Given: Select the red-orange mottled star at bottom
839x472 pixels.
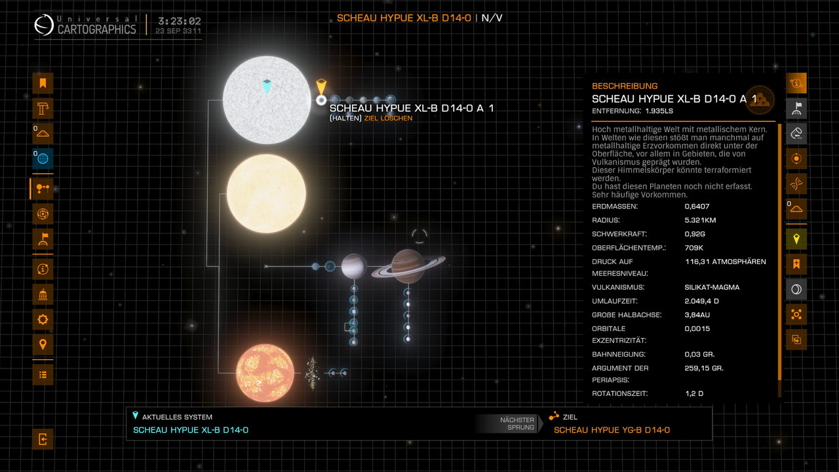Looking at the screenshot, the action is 265,372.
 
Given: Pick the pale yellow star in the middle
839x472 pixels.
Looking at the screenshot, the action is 266,193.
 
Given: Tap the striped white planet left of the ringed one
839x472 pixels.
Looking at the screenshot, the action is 353,265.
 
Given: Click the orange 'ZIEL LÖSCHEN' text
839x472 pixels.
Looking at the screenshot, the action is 388,118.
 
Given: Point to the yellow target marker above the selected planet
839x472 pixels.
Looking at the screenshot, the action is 321,87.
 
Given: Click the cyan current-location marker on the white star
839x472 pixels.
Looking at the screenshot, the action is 267,85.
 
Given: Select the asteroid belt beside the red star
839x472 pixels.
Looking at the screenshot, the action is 312,372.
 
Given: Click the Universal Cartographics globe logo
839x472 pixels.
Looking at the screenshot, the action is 45,26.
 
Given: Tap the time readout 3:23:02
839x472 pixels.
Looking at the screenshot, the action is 178,21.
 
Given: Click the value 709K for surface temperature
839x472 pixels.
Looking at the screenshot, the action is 693,248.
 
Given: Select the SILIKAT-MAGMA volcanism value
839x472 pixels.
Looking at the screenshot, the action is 712,287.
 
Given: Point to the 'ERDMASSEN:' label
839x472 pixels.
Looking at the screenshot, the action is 614,206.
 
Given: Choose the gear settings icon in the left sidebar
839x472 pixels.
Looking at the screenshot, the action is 43,319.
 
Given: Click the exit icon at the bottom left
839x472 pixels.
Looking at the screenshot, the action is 43,439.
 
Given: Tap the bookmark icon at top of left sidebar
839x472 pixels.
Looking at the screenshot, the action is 43,83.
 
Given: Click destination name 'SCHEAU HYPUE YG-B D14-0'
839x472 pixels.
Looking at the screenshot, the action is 612,430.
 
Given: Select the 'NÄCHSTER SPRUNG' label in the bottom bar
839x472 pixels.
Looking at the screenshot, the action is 517,423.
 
